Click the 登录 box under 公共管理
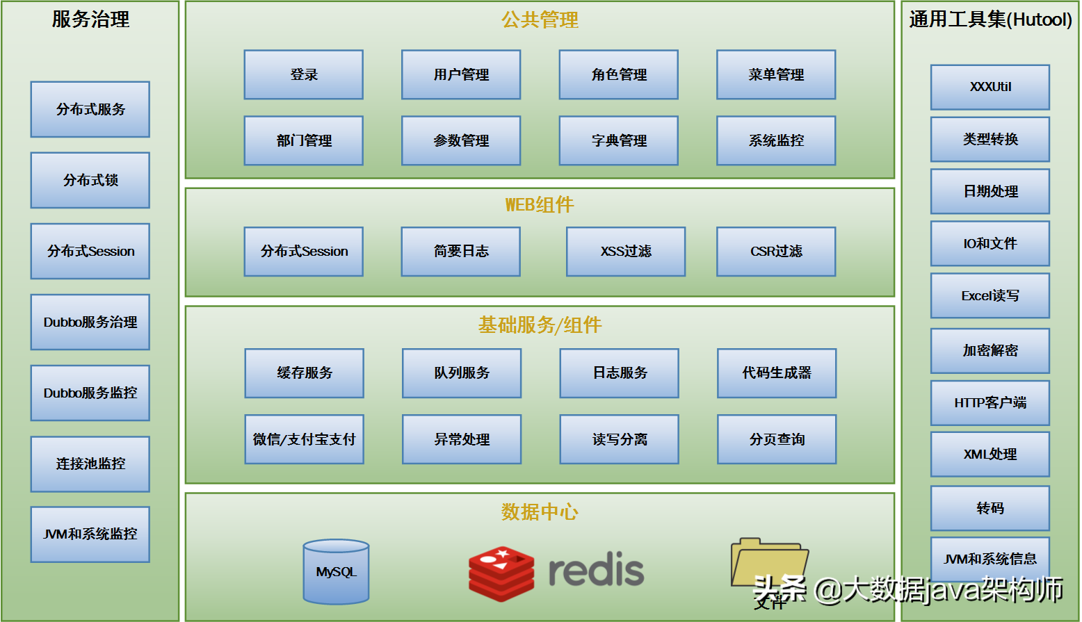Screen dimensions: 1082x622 point(303,74)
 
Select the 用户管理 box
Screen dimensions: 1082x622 point(461,74)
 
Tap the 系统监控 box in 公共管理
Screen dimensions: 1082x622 point(776,140)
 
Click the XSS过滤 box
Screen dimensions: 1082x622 point(626,252)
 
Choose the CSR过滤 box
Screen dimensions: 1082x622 point(776,252)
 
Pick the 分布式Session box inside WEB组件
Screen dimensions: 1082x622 point(303,252)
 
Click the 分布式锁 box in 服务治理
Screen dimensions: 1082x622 point(90,180)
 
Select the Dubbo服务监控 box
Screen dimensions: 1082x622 point(90,393)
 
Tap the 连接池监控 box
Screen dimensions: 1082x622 point(90,464)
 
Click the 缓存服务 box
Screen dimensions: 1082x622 point(304,373)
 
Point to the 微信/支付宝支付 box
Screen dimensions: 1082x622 point(304,439)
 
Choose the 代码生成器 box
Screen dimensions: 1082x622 point(777,373)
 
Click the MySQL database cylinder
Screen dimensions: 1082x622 point(336,571)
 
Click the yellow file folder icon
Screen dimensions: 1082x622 point(768,563)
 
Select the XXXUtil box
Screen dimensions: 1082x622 point(990,87)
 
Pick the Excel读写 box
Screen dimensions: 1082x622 point(990,296)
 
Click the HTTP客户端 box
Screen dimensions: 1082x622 point(990,403)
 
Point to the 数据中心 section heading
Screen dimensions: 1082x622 point(540,512)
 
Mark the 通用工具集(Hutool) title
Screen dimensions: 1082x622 point(990,19)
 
